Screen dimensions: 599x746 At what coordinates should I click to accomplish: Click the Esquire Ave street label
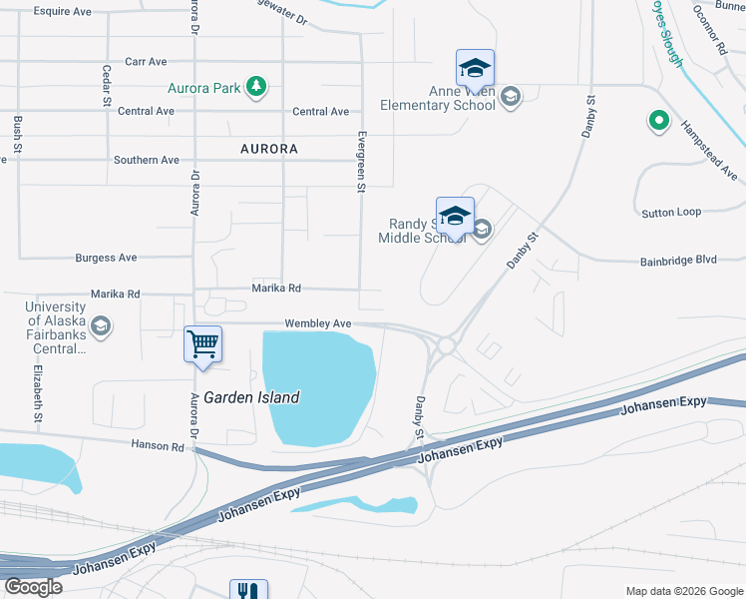point(62,12)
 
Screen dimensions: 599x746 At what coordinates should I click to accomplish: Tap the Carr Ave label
point(146,62)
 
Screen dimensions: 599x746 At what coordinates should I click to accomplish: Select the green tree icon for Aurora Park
point(257,87)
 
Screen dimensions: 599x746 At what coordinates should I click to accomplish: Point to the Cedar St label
point(107,87)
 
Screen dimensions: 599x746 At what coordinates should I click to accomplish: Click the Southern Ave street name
point(147,160)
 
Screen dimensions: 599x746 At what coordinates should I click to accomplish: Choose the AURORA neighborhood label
point(269,149)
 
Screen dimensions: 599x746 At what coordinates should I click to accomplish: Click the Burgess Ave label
point(107,258)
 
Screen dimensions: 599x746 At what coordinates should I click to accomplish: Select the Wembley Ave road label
point(318,323)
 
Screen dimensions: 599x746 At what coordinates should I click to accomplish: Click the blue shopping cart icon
point(202,344)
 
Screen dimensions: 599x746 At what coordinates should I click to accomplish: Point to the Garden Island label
point(251,397)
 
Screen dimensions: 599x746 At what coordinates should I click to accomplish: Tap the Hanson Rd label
point(158,445)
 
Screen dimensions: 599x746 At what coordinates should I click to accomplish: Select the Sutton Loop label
point(671,212)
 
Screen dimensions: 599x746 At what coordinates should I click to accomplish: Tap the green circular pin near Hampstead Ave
point(658,121)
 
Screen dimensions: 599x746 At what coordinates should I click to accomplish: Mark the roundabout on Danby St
point(445,345)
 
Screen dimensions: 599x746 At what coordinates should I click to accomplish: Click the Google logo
point(33,586)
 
